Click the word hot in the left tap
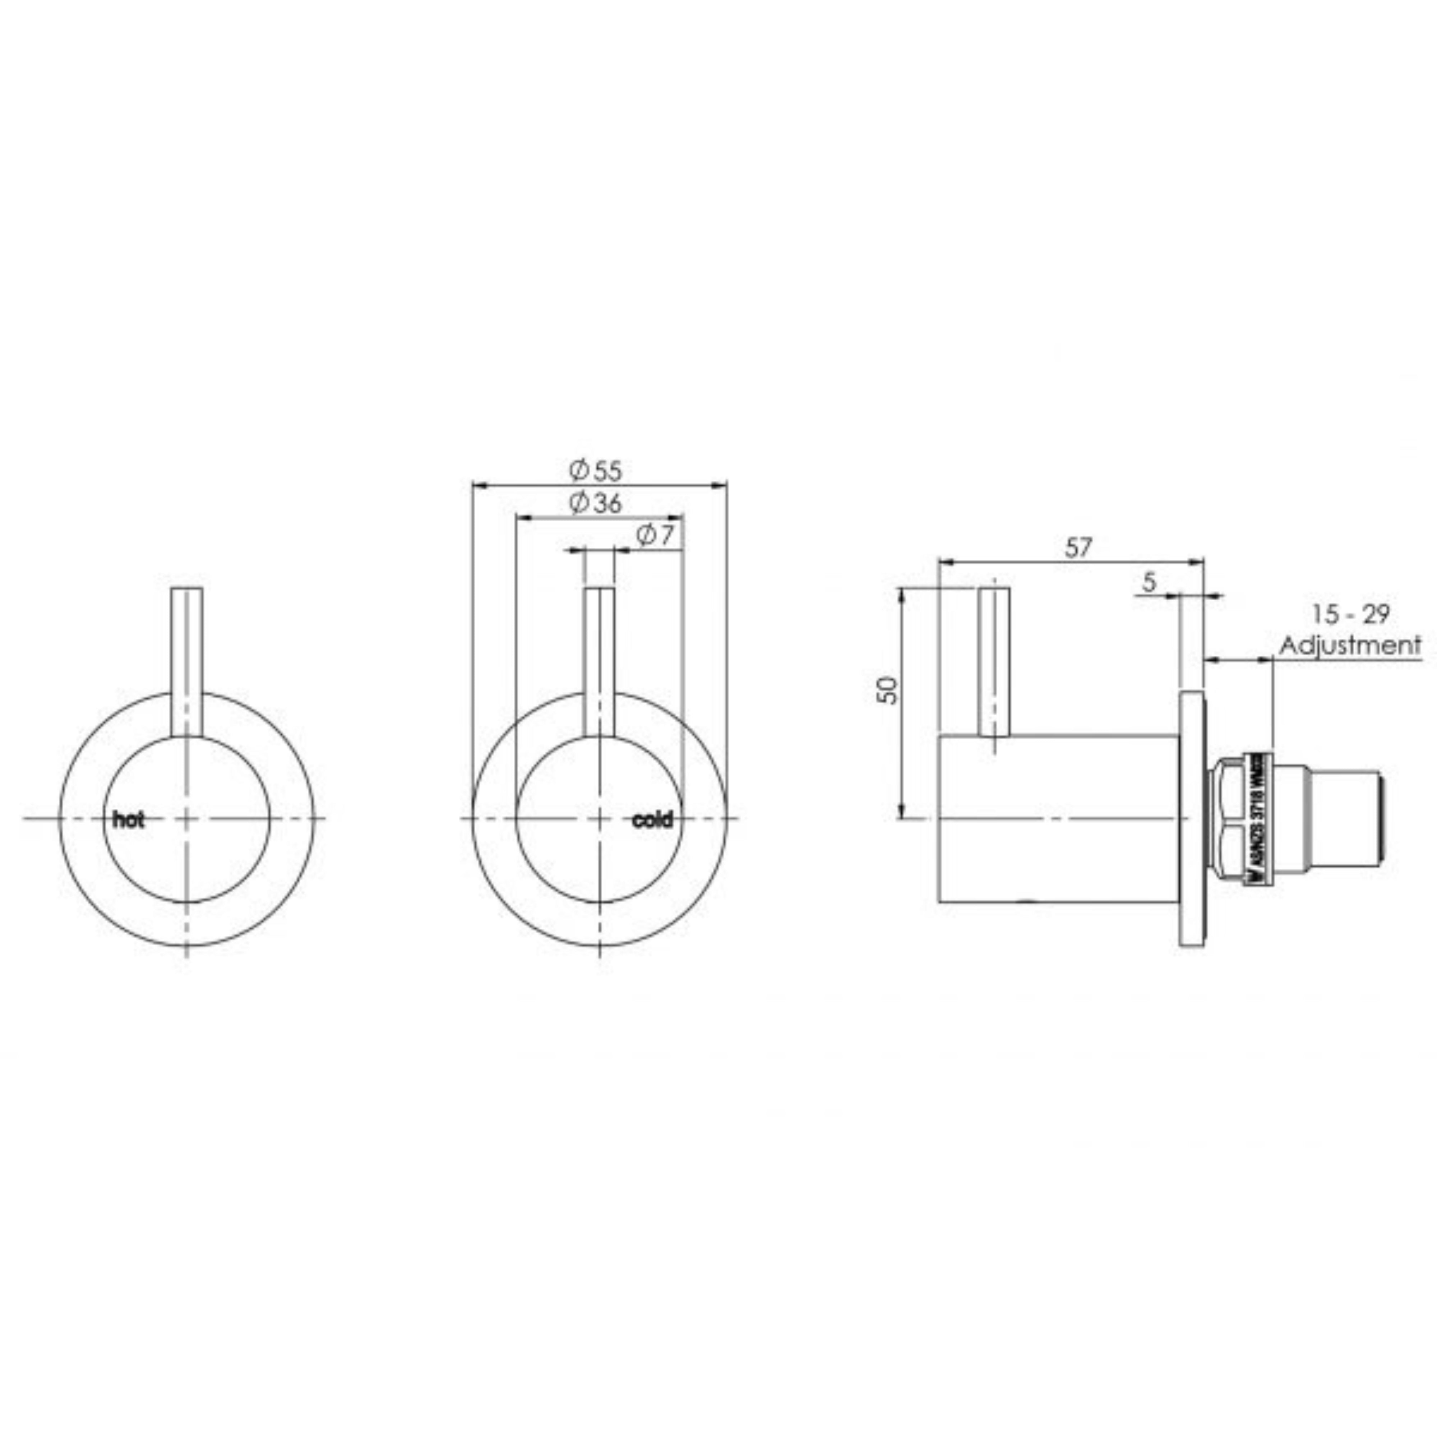pyautogui.click(x=129, y=821)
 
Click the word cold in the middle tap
pyautogui.click(x=652, y=821)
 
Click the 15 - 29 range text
pyautogui.click(x=1350, y=614)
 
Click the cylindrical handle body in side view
pyautogui.click(x=1056, y=818)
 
